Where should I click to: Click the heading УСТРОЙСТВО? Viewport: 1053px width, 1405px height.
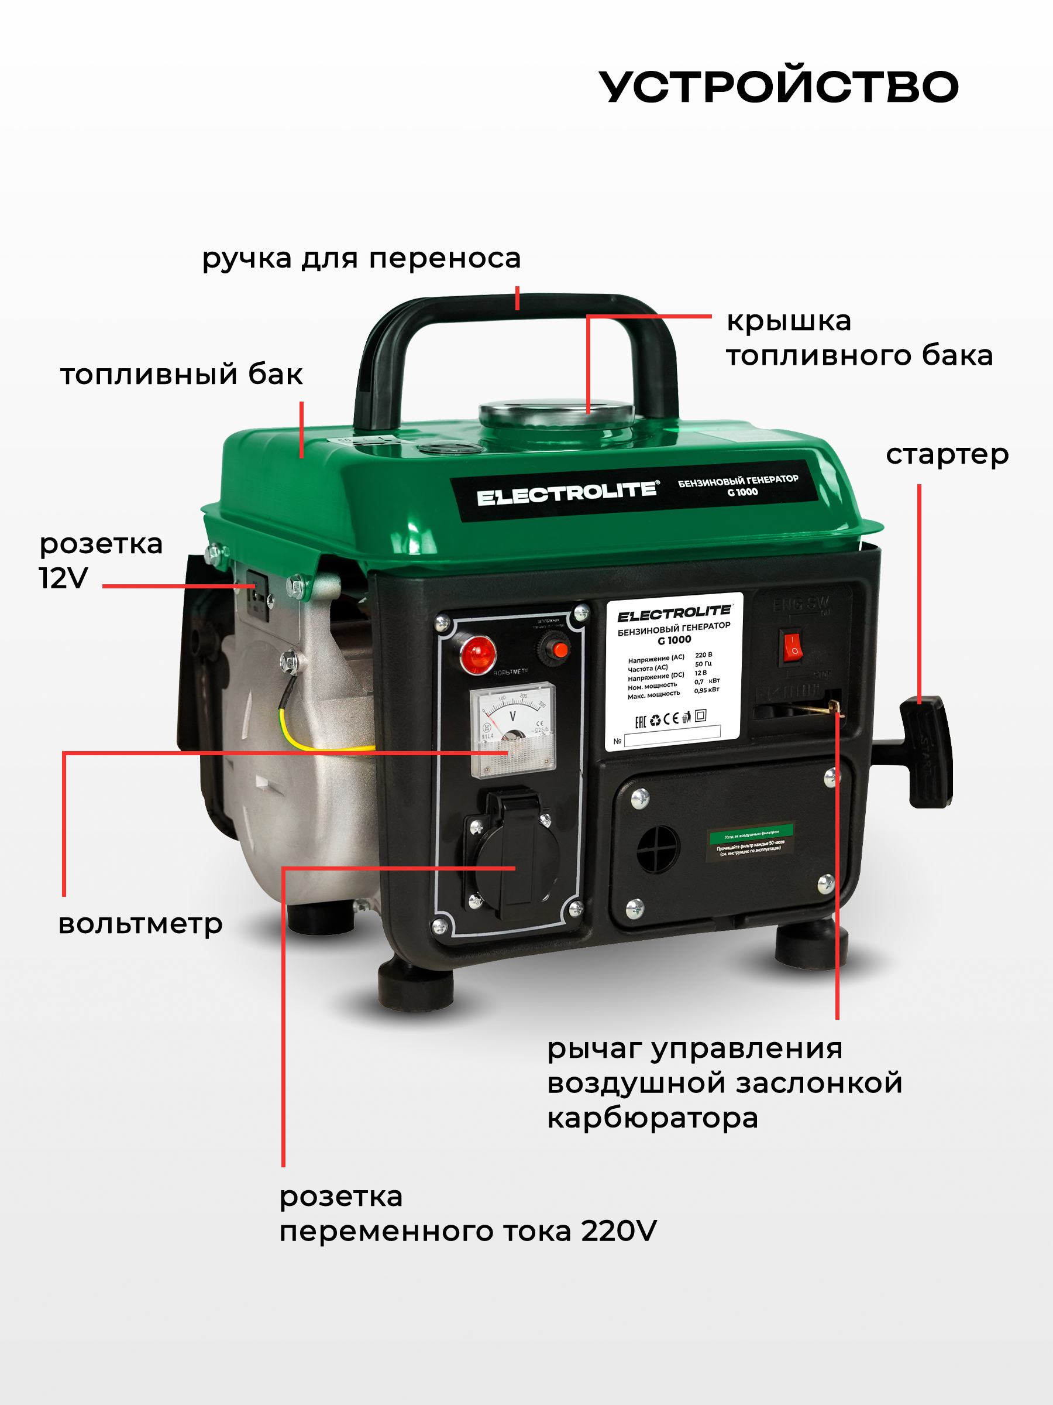[778, 87]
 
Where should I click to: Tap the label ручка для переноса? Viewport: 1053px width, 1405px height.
[361, 259]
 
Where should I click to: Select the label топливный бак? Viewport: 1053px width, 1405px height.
[181, 374]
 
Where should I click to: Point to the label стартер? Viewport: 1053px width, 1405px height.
[947, 455]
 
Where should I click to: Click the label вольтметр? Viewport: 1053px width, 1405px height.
[140, 924]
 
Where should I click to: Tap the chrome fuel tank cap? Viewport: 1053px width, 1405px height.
[556, 413]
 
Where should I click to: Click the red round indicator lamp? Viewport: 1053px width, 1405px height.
[478, 653]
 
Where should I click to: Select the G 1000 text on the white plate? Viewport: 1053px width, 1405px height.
[674, 640]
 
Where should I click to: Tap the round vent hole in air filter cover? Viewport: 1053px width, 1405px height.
[658, 849]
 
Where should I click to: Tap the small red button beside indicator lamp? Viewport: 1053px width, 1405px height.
[559, 649]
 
